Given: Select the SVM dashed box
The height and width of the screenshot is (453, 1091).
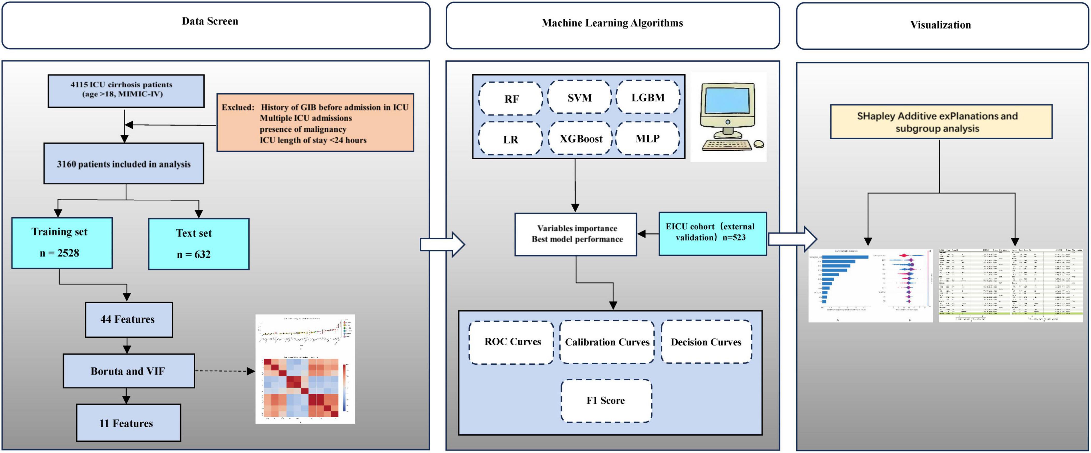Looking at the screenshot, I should pyautogui.click(x=579, y=98).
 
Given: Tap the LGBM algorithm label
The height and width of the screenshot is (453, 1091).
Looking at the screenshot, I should pyautogui.click(x=648, y=97).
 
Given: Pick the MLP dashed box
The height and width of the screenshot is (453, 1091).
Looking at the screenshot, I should pyautogui.click(x=647, y=139).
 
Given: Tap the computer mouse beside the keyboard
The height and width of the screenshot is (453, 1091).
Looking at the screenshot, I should pyautogui.click(x=759, y=144).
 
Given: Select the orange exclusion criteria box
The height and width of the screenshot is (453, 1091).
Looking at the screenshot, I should pyautogui.click(x=315, y=123).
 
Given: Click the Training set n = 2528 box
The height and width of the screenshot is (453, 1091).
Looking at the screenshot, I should pyautogui.click(x=62, y=243).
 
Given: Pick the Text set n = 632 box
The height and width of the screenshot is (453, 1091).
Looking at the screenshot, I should pyautogui.click(x=199, y=244).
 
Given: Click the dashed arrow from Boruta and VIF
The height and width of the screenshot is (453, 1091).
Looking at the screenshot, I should pyautogui.click(x=225, y=371).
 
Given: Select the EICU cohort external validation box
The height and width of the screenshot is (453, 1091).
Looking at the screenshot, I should pyautogui.click(x=712, y=234).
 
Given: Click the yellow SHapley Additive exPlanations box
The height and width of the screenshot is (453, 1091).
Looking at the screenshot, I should pyautogui.click(x=941, y=122).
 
